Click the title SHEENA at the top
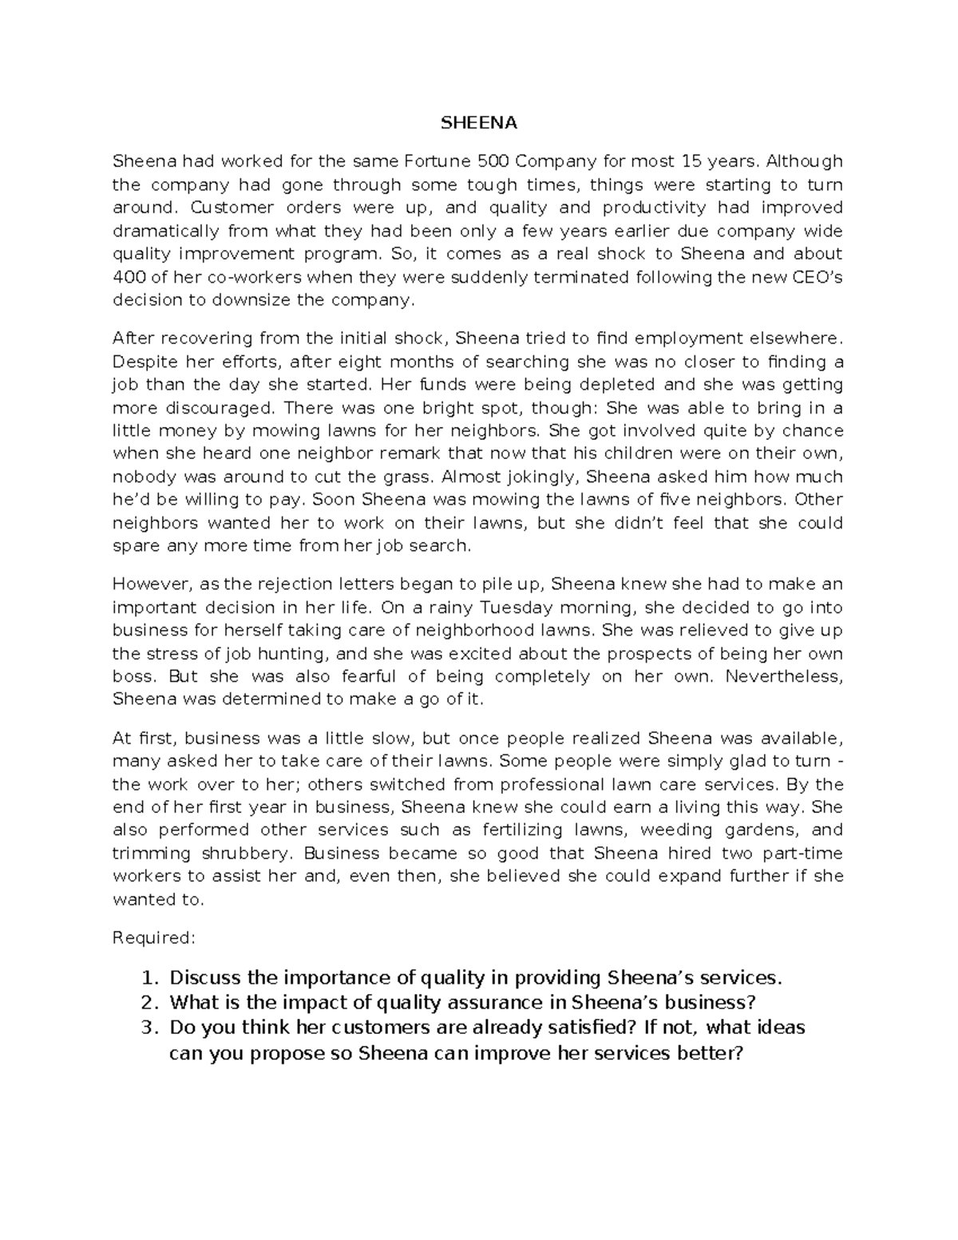pos(479,123)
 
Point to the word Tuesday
pos(492,608)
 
